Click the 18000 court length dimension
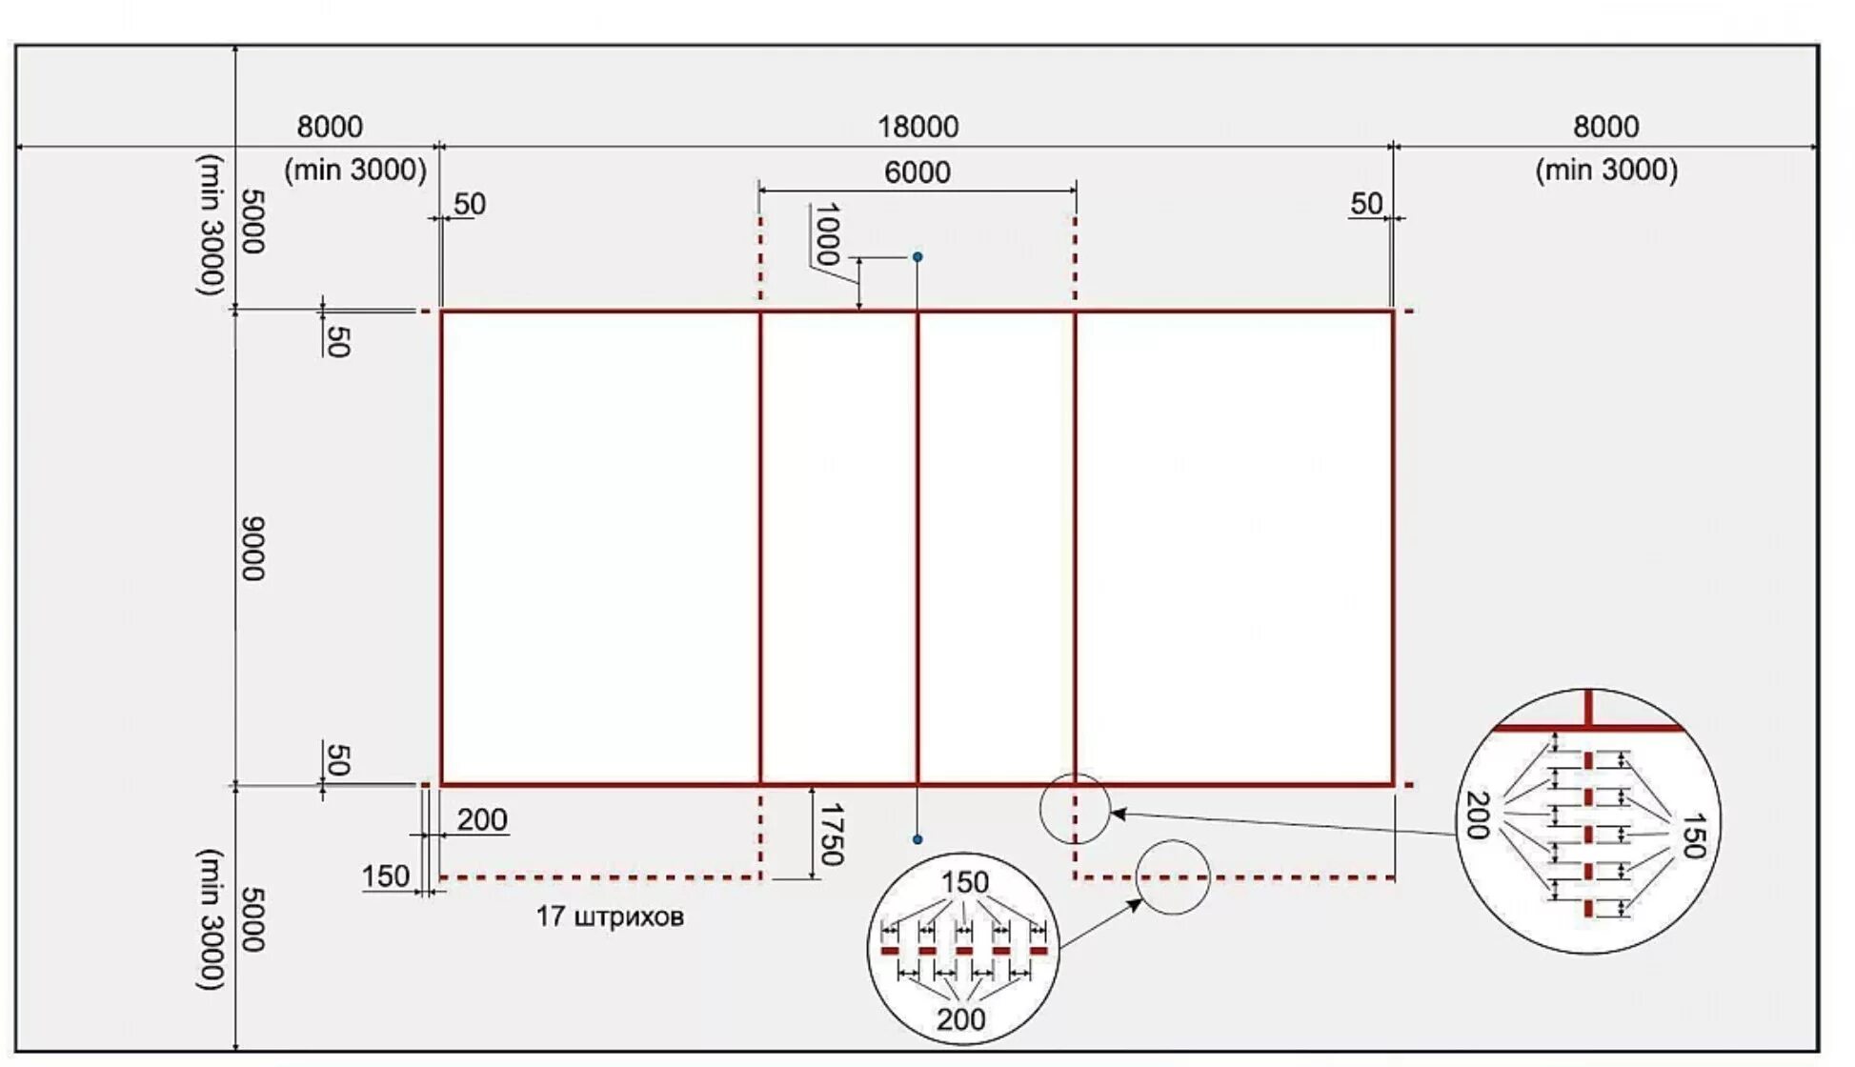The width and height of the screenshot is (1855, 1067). coord(917,127)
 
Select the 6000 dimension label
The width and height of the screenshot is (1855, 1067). coord(917,172)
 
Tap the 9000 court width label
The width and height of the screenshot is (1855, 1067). coord(252,549)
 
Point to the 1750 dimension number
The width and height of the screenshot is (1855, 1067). coord(831,835)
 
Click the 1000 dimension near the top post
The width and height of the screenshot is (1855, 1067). coord(827,233)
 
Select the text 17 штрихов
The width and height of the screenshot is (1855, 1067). coord(610,916)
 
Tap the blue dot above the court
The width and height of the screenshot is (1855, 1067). coord(917,257)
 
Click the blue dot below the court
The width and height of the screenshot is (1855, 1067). coord(917,839)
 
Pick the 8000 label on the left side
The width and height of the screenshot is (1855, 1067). coord(330,127)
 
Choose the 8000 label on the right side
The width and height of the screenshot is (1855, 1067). coord(1605,127)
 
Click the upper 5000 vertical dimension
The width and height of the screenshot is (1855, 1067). coord(252,221)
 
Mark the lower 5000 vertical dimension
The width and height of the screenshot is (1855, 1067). coord(252,919)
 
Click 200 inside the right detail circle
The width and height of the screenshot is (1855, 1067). coord(1478,815)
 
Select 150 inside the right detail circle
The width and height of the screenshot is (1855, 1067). coord(1692,835)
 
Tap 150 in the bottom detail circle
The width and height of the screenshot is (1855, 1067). coord(964,882)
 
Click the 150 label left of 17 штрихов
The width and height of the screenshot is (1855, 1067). coord(385,876)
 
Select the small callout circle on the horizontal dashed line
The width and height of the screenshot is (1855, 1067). coord(1173,877)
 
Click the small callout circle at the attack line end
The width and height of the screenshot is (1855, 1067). coord(1075,809)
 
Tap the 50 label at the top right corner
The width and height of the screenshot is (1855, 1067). coord(1366,204)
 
